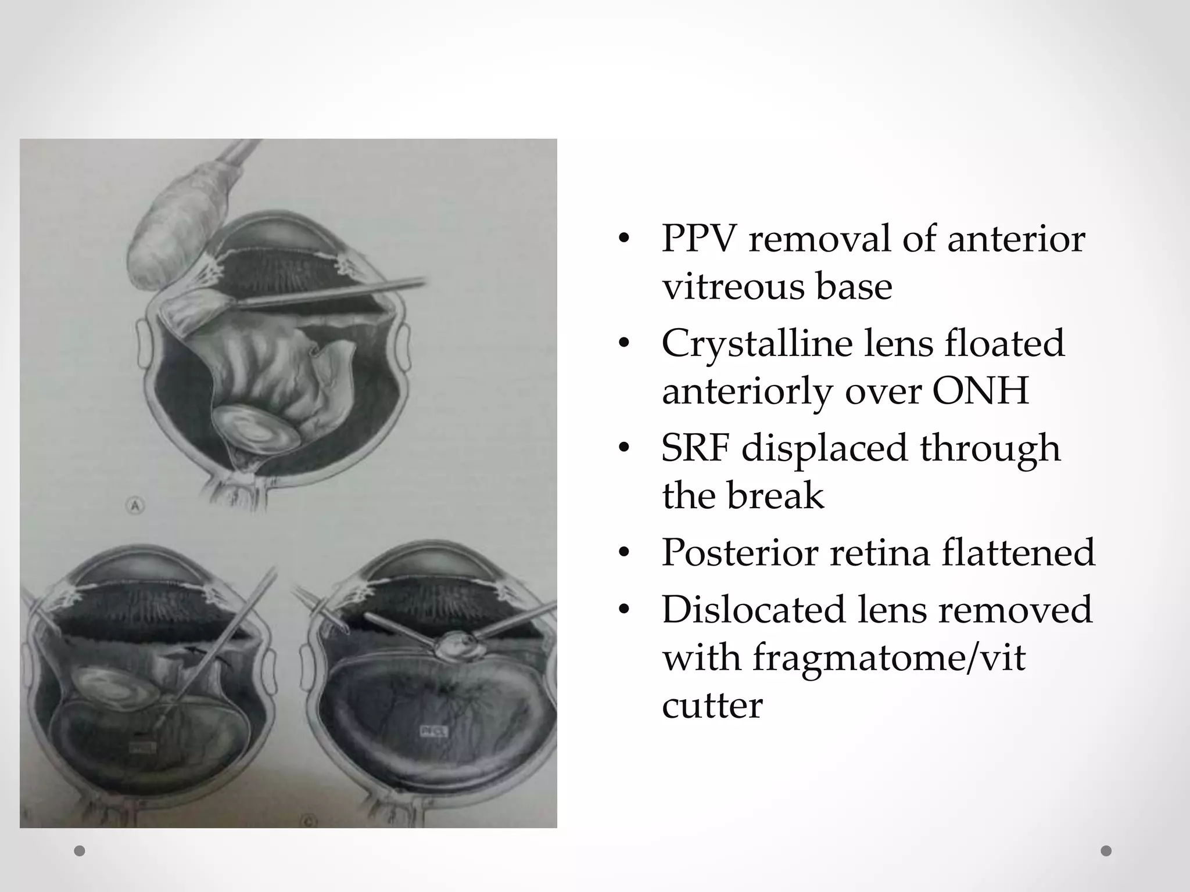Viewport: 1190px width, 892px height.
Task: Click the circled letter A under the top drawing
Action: [x=135, y=506]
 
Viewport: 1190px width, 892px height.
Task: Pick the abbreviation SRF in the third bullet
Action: [x=695, y=448]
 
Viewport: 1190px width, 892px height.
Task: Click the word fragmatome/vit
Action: [x=889, y=658]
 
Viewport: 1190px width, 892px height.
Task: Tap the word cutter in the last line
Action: [x=712, y=706]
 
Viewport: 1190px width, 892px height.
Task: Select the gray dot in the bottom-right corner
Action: [x=1106, y=851]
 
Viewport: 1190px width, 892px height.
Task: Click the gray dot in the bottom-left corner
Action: [x=80, y=851]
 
